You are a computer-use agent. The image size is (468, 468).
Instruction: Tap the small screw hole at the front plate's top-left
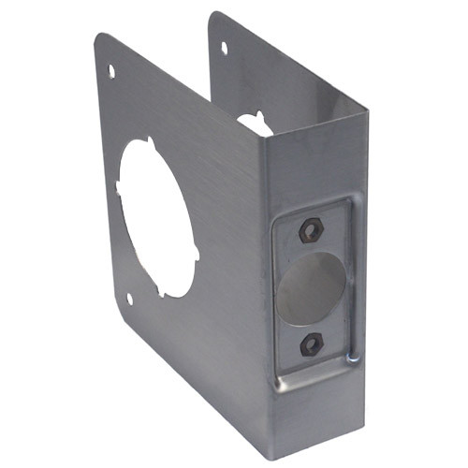pos(111,71)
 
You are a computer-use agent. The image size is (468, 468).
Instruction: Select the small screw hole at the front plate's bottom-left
pos(129,300)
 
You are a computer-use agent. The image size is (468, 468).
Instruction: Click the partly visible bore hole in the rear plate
pos(253,123)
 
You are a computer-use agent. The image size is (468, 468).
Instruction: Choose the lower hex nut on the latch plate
pos(312,344)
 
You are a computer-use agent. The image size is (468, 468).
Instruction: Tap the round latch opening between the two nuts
pos(310,288)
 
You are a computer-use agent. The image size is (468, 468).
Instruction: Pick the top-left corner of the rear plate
pos(212,16)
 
